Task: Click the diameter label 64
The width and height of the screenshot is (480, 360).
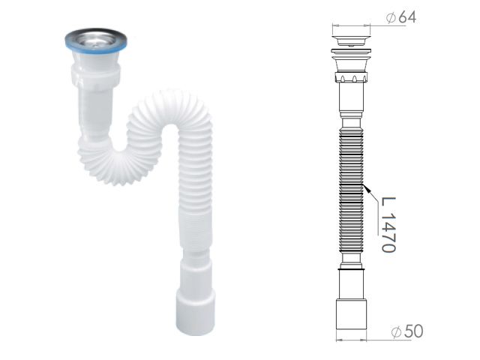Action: [407, 16]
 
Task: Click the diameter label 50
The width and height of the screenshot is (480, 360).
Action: [413, 331]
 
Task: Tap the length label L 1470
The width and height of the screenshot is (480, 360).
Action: [388, 225]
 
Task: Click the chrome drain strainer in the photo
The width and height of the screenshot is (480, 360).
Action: [96, 38]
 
